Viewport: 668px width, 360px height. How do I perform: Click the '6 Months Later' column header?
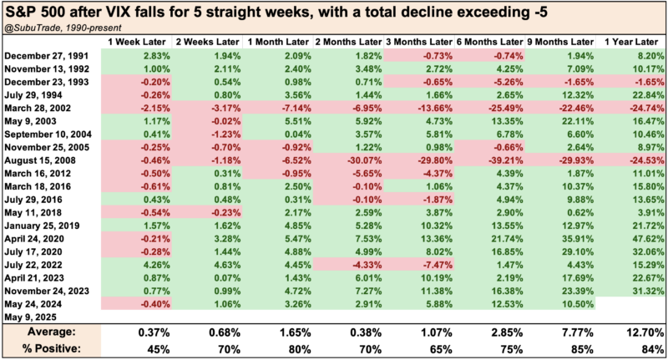[x=487, y=40]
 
